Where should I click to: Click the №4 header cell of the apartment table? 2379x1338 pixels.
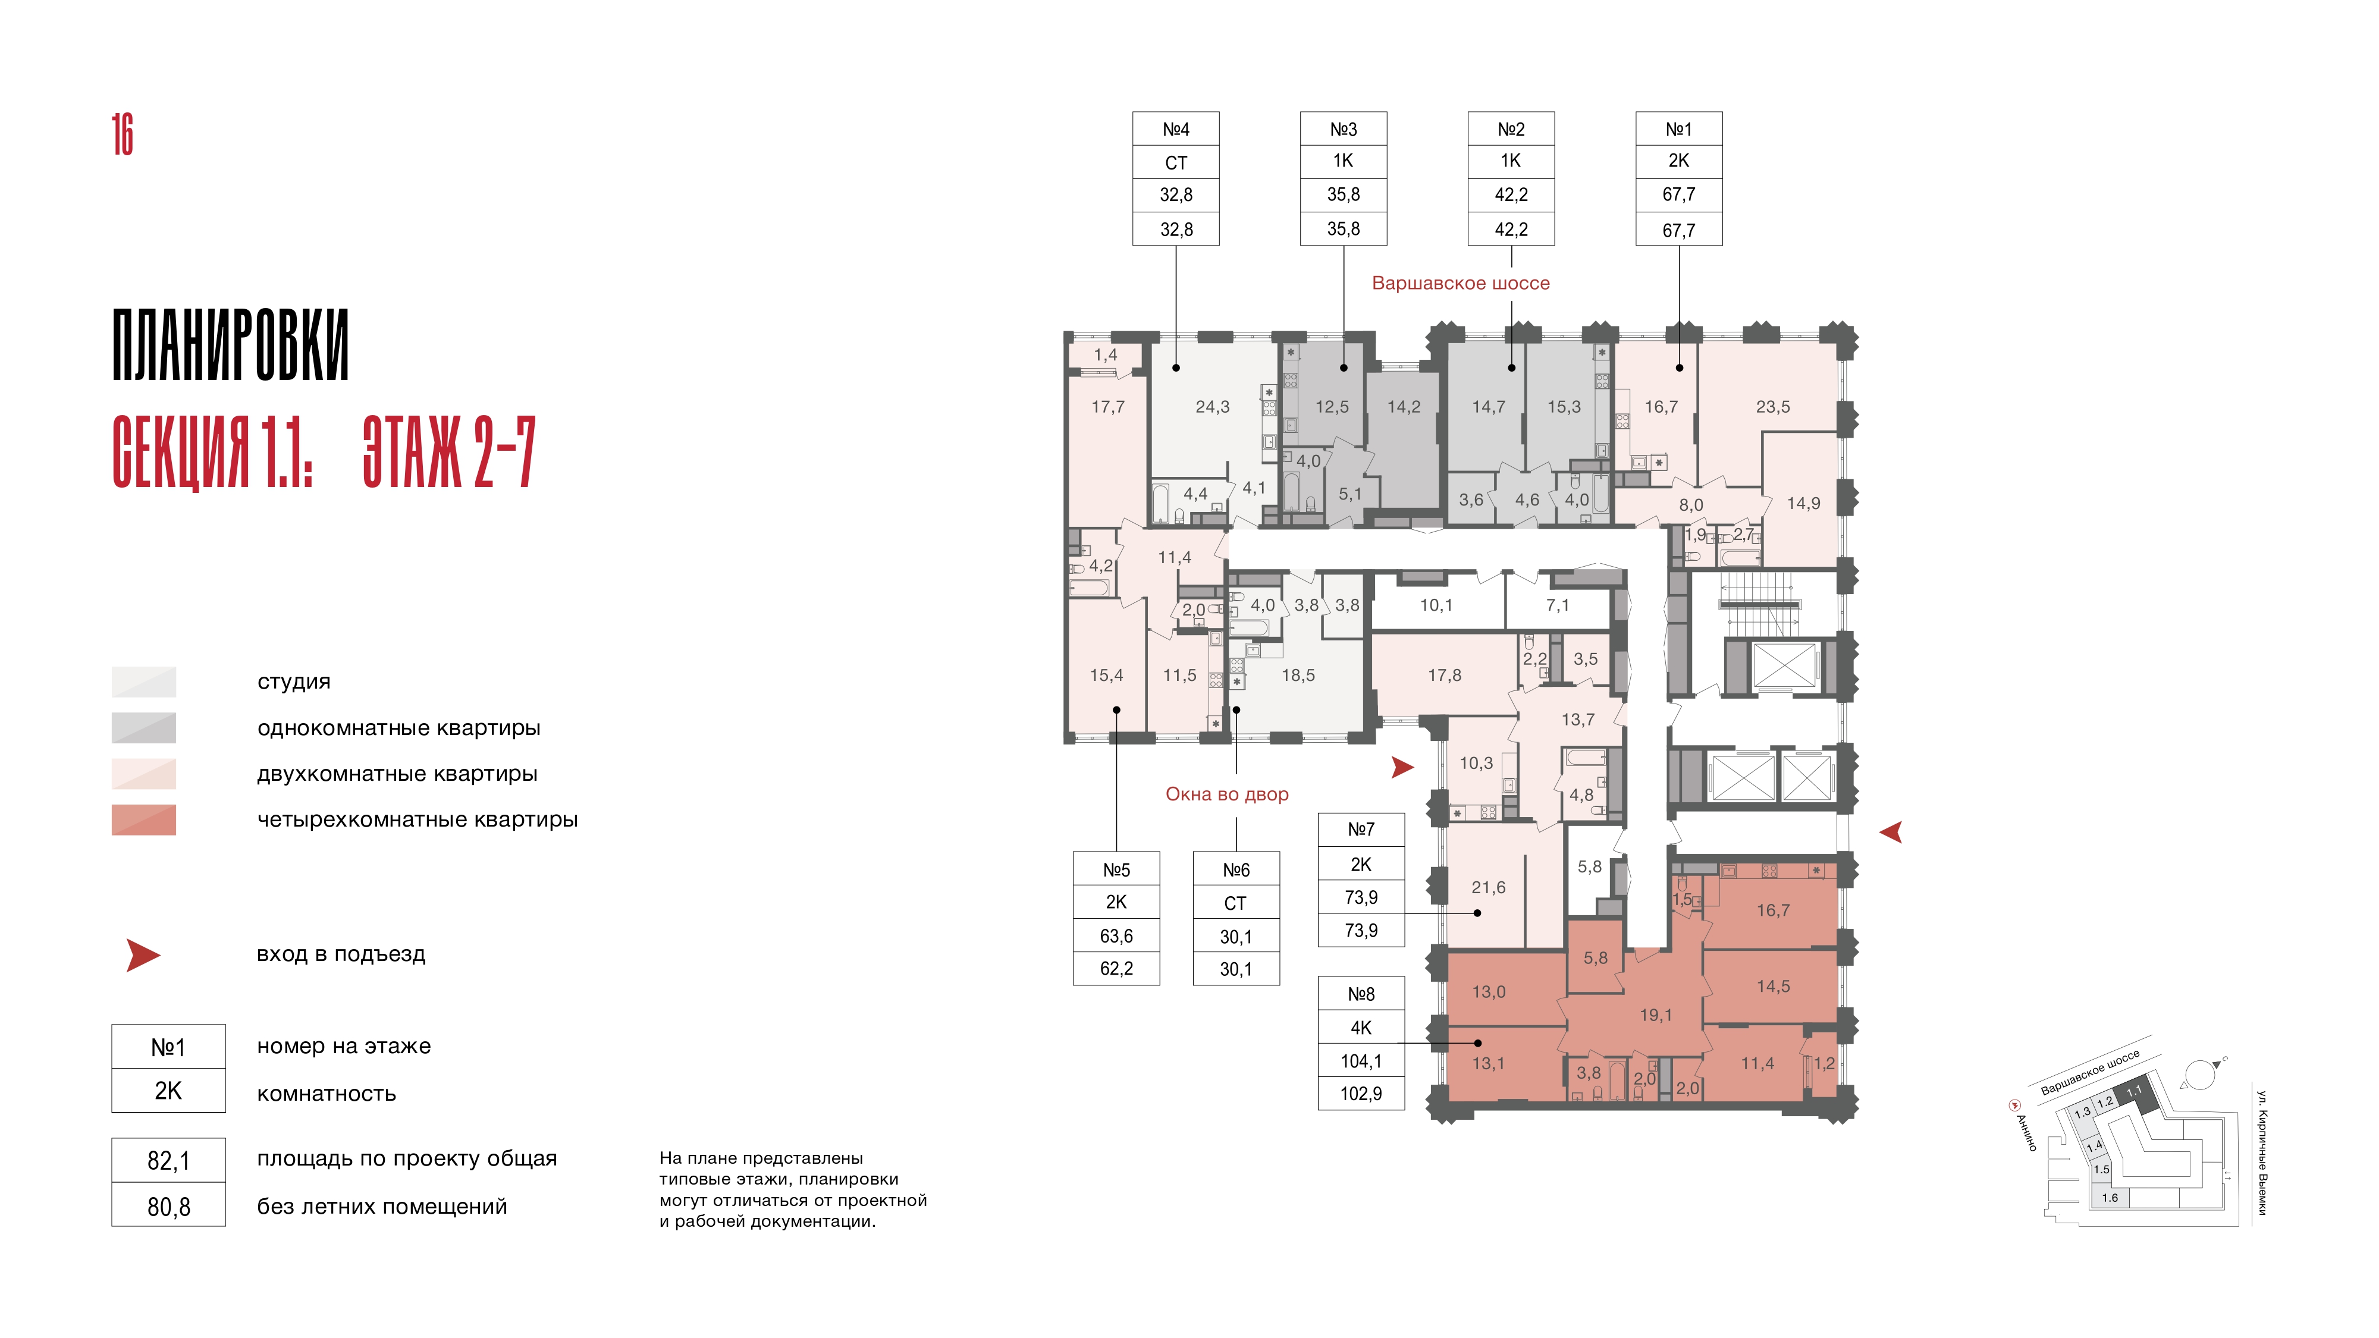(x=1176, y=129)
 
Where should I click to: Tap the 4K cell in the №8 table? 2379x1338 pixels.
(x=1361, y=1028)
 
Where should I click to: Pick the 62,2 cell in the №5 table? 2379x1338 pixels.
(x=1116, y=969)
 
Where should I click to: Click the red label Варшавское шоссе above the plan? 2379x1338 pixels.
(x=1461, y=284)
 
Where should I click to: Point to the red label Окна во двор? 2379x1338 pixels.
(x=1228, y=794)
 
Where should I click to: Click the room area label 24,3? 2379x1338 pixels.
(x=1213, y=406)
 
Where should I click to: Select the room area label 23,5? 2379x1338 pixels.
(x=1773, y=406)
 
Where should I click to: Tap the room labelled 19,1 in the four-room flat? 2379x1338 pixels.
(x=1656, y=1015)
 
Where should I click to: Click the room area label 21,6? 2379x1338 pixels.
(x=1489, y=887)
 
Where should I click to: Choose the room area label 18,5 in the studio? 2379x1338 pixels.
(x=1298, y=675)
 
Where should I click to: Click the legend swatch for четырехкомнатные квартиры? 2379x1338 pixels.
(x=144, y=820)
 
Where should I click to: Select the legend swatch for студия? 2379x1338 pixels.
(x=144, y=681)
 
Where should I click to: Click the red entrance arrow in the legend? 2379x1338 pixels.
(x=143, y=955)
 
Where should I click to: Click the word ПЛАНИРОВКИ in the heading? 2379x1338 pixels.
(x=231, y=346)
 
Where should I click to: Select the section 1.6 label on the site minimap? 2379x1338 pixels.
(x=2110, y=1198)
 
